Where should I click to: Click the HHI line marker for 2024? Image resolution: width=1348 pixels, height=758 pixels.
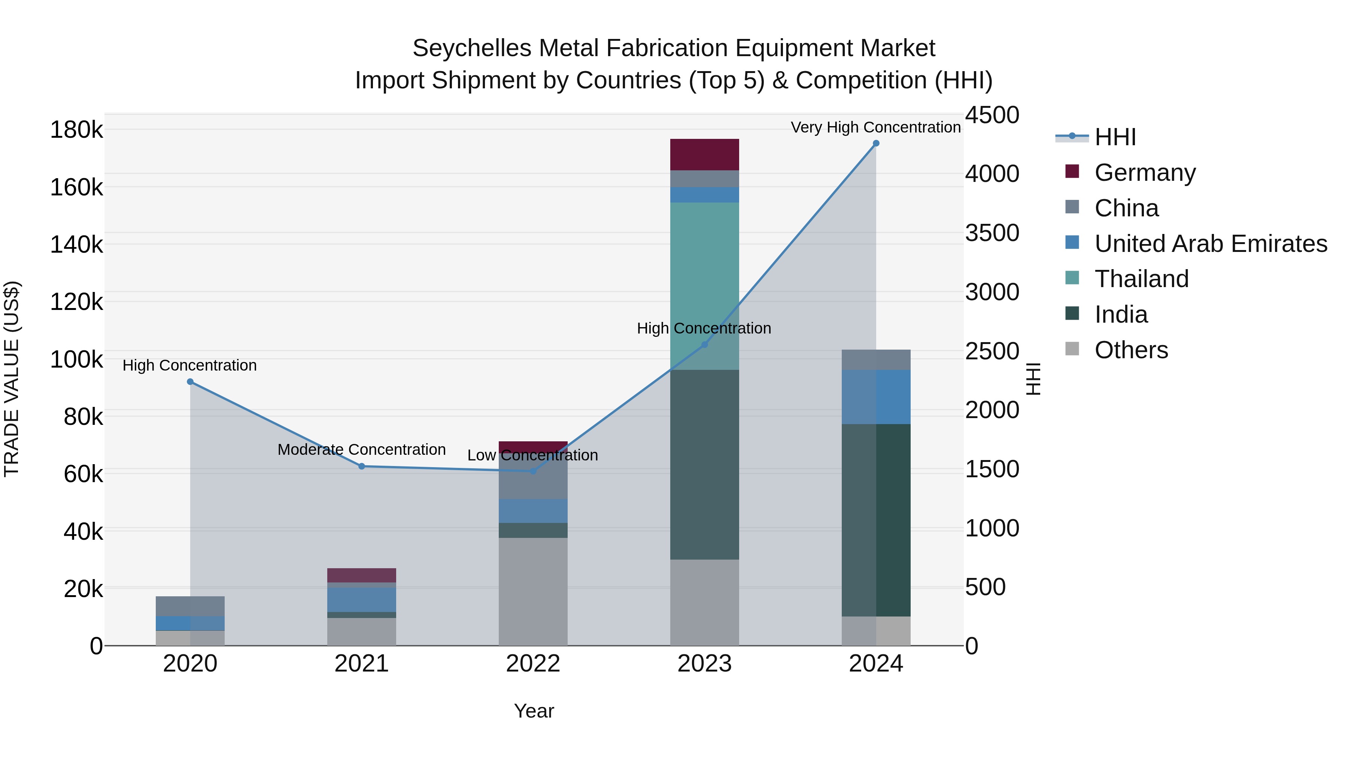(x=876, y=143)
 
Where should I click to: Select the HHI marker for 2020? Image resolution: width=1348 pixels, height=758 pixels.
(x=190, y=382)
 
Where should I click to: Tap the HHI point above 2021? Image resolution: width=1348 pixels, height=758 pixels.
(x=362, y=466)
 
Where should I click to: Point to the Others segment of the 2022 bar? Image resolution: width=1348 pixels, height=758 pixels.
(x=533, y=591)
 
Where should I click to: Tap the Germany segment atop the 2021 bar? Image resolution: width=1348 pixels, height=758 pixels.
(x=362, y=575)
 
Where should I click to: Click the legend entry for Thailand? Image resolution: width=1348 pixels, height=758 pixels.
(x=1141, y=279)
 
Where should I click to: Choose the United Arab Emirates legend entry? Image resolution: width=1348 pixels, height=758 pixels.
(x=1210, y=244)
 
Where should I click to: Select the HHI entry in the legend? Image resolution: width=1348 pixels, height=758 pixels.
(x=1115, y=137)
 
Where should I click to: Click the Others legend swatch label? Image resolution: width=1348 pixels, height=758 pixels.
(x=1131, y=350)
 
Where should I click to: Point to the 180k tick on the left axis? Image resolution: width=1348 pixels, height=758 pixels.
(x=76, y=130)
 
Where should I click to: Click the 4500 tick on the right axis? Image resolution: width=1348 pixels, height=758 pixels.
(x=992, y=115)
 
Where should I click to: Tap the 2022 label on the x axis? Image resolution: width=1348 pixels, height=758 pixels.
(x=533, y=664)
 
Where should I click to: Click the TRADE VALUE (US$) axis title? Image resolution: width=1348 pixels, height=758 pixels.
(x=12, y=379)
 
